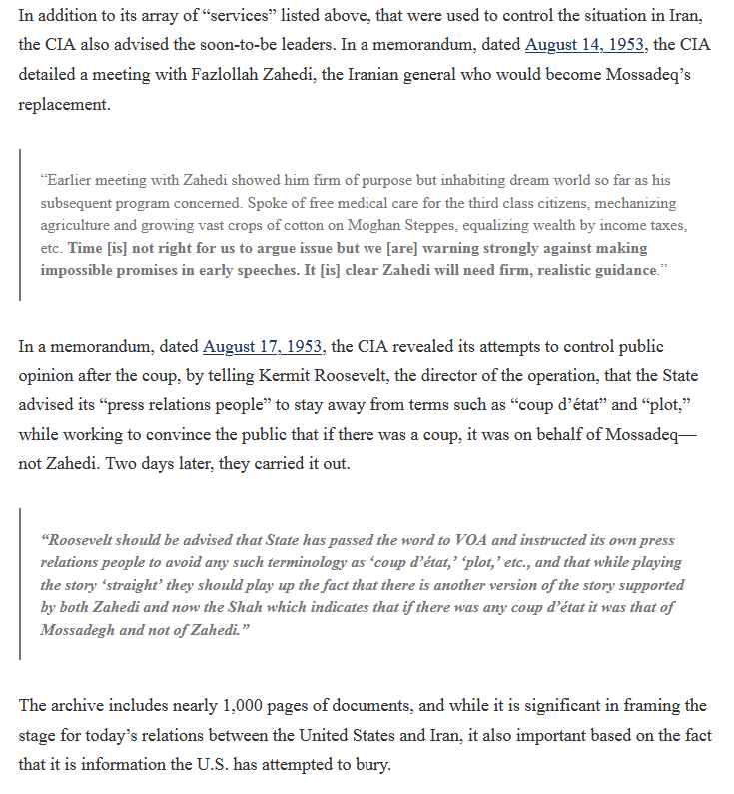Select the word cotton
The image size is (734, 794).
[x=309, y=226]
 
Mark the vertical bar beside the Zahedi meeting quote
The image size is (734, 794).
[x=20, y=225]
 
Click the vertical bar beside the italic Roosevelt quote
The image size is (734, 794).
[x=20, y=584]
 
